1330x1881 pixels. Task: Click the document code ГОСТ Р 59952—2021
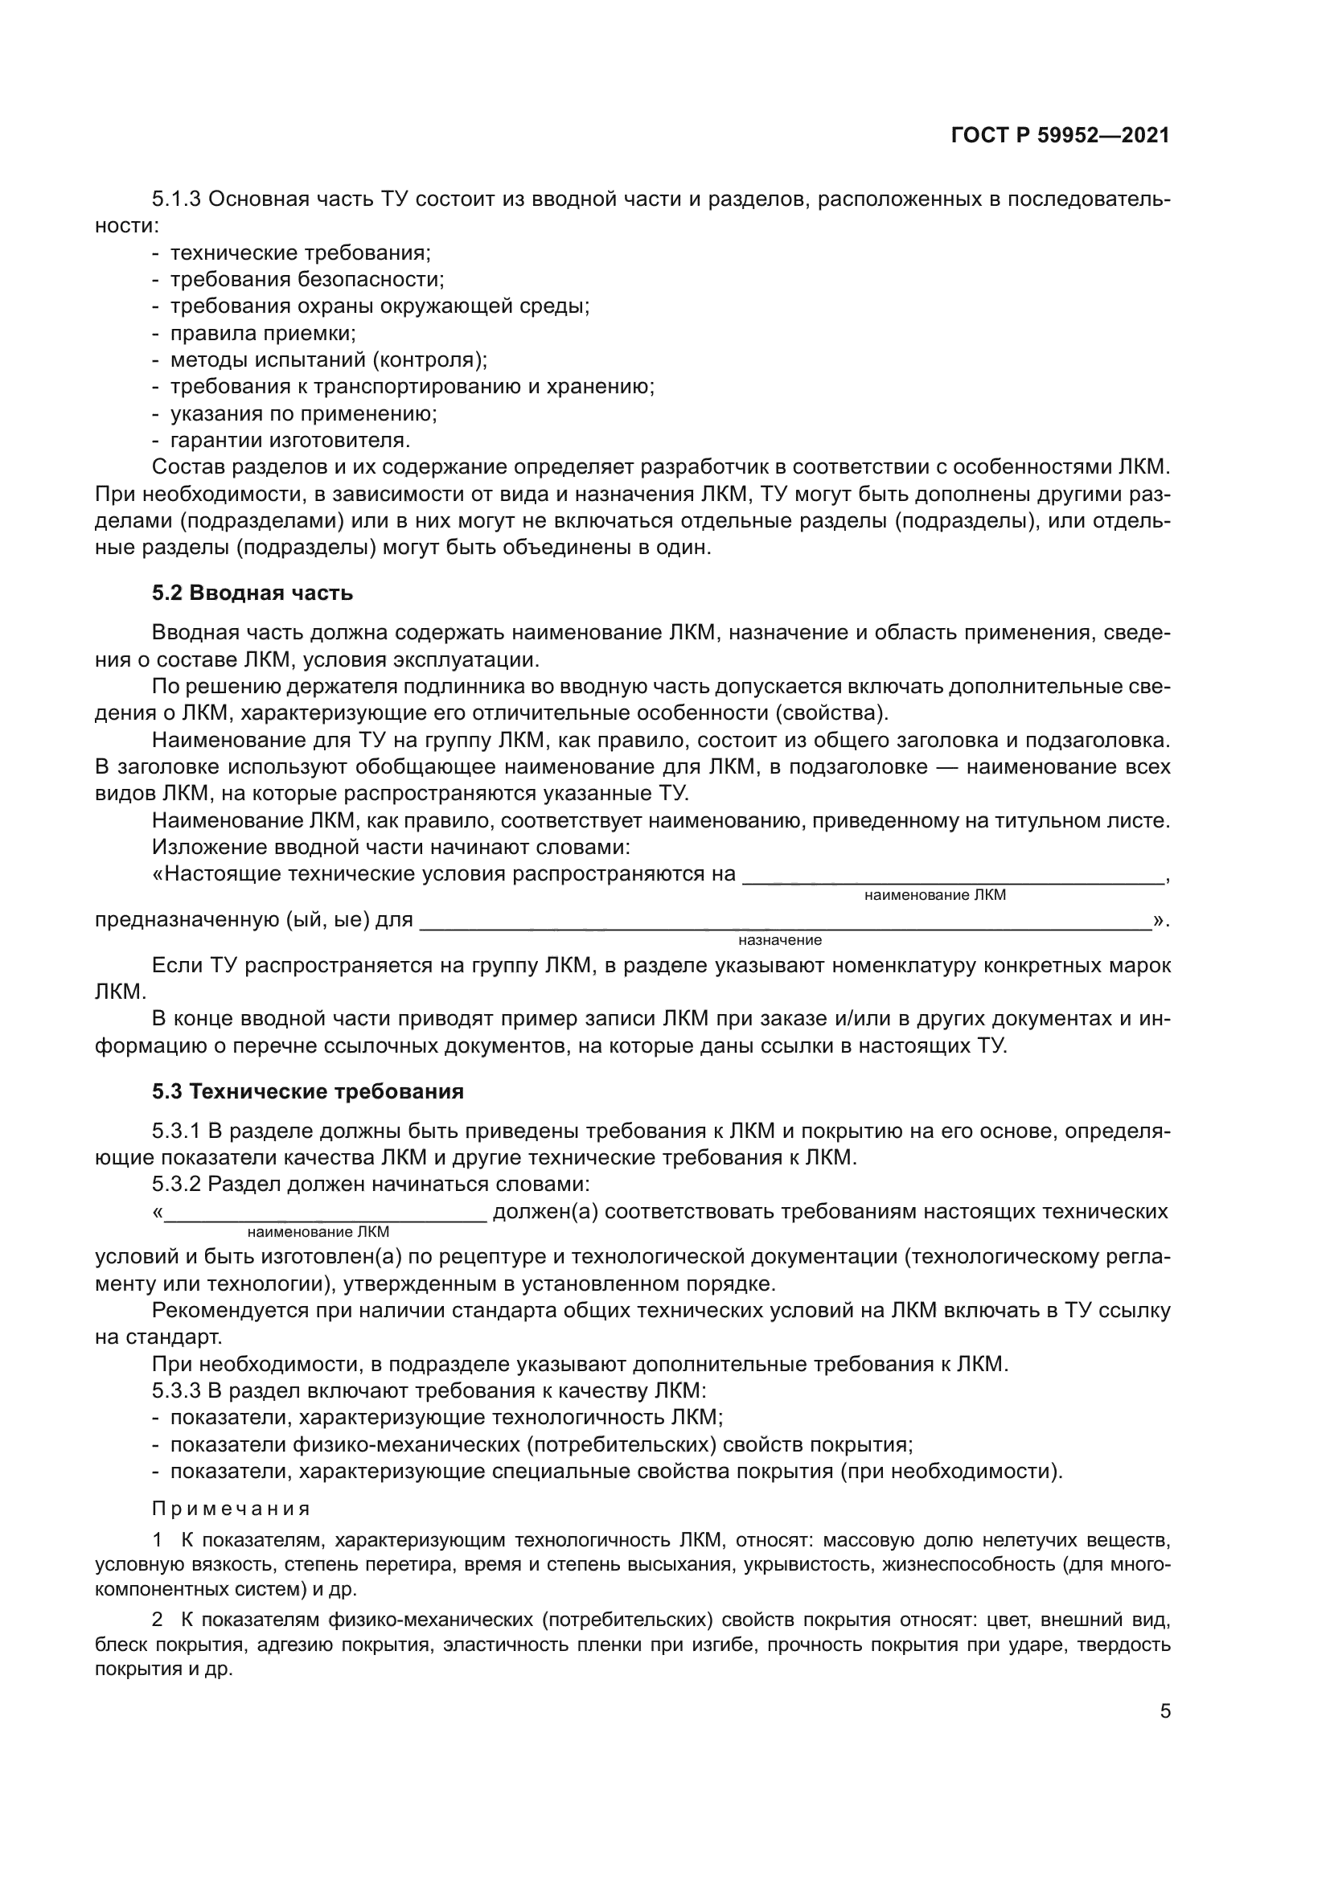pos(1061,136)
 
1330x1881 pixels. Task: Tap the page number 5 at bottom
pos(1164,1711)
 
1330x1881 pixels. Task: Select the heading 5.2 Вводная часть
pos(252,593)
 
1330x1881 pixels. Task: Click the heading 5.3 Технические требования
pos(308,1091)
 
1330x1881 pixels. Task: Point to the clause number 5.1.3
pos(177,199)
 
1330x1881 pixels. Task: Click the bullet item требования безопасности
pos(306,279)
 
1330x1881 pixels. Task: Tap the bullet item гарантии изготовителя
pos(289,440)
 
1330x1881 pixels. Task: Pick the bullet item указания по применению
pos(303,413)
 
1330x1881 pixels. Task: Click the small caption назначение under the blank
pos(780,941)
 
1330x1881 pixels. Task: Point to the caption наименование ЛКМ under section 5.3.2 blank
pos(318,1232)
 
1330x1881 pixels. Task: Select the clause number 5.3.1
pos(176,1131)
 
